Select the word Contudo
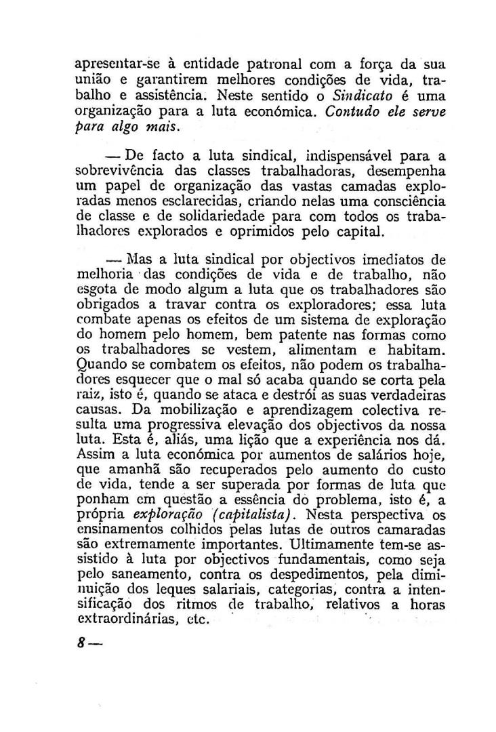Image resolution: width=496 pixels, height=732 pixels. click(x=352, y=113)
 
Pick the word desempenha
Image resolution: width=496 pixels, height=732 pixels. click(x=405, y=172)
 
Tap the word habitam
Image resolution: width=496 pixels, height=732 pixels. click(x=417, y=350)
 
